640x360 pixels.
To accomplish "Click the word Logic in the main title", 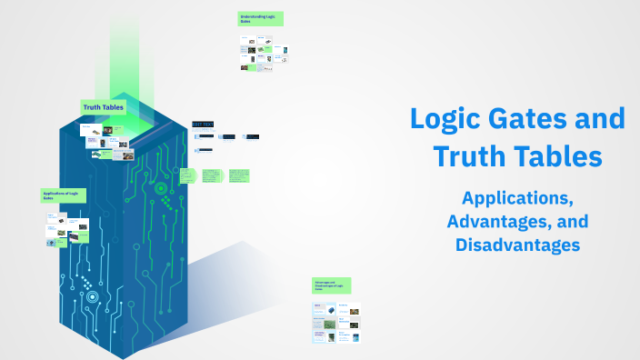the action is click(x=446, y=120).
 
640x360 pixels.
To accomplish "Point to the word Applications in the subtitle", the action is click(x=517, y=197).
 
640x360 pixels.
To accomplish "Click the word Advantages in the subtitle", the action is click(x=502, y=221).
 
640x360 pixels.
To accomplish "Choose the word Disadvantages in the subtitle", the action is click(x=517, y=245).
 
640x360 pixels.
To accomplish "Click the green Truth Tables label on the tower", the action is click(x=104, y=107).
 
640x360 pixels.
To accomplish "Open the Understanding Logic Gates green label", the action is click(x=262, y=18).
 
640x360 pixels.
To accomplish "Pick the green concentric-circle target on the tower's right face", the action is click(x=161, y=189).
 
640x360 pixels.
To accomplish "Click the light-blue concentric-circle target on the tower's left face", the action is click(x=92, y=296).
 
